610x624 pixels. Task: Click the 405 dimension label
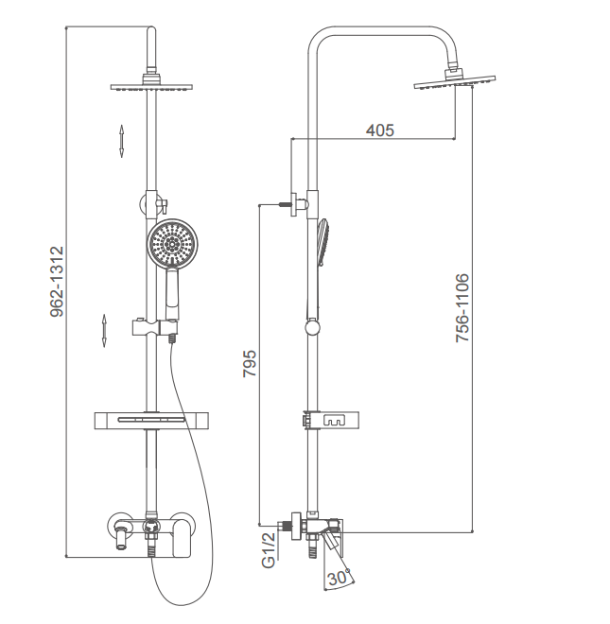click(380, 130)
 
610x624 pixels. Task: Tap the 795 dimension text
click(250, 363)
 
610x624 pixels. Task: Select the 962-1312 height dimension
click(57, 282)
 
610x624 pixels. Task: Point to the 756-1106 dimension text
click(462, 307)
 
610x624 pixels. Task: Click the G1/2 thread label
click(269, 550)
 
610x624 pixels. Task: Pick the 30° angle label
click(338, 578)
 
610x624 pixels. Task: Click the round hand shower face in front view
click(172, 243)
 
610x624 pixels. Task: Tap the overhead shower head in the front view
click(151, 86)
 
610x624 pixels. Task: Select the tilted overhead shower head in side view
click(455, 81)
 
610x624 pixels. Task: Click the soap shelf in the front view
click(151, 420)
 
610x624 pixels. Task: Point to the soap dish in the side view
click(331, 420)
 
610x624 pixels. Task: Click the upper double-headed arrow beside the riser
click(121, 141)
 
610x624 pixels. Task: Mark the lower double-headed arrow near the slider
click(104, 331)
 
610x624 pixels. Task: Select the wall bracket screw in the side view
click(286, 205)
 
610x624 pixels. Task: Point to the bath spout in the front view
click(121, 537)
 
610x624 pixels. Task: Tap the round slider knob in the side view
click(312, 328)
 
